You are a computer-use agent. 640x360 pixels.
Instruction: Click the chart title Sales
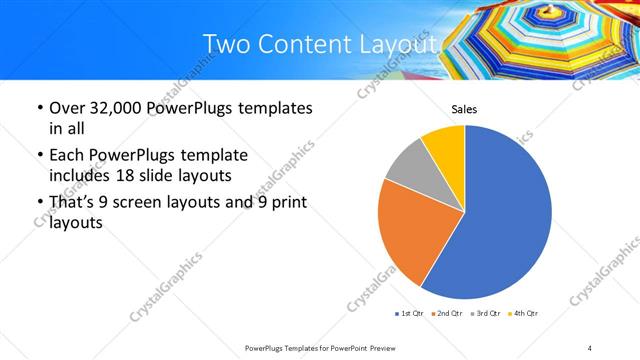click(464, 109)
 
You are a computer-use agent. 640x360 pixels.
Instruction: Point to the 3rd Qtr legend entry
click(485, 314)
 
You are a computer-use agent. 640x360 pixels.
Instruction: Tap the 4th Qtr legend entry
click(522, 314)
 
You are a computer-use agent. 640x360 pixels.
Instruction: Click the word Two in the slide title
click(223, 44)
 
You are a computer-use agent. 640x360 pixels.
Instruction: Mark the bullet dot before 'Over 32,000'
click(38, 108)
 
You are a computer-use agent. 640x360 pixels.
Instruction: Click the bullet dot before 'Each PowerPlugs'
click(38, 155)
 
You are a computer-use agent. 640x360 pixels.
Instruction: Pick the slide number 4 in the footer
click(590, 347)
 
